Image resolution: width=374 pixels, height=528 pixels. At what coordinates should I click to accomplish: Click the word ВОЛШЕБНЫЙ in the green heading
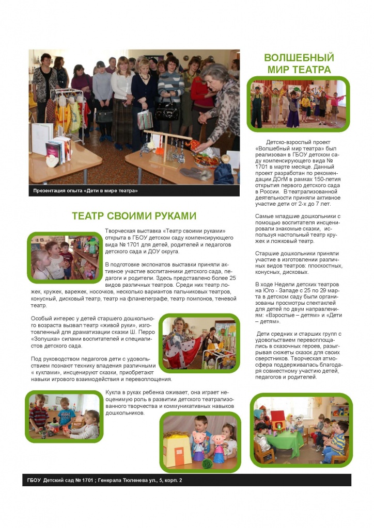299,57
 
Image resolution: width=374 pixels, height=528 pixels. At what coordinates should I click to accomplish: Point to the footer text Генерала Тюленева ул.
133,480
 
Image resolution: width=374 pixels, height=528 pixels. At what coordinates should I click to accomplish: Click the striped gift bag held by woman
145,119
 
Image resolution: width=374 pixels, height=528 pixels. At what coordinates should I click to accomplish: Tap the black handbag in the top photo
166,111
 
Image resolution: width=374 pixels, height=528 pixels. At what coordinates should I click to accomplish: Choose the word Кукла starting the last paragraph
114,392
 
